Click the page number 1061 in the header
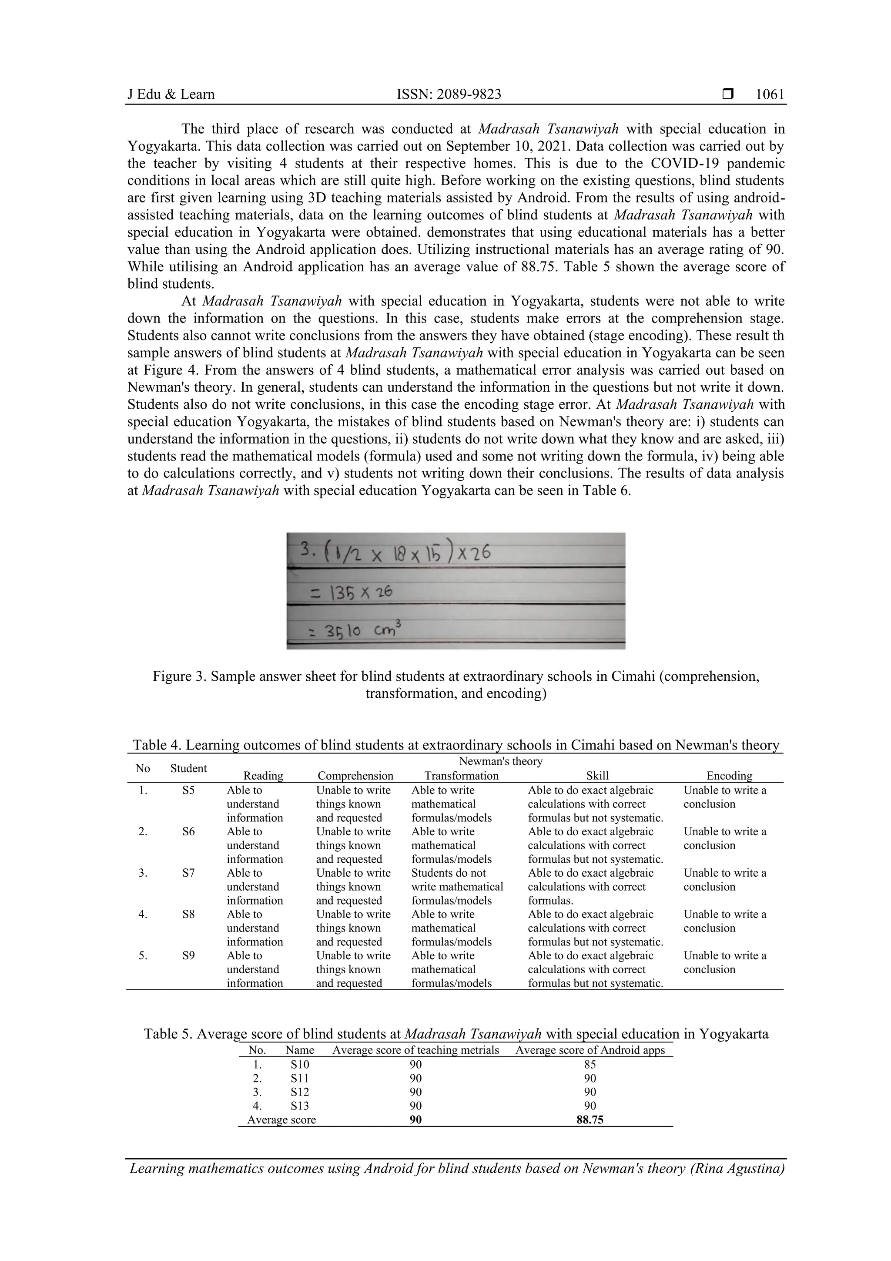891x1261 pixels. (x=770, y=94)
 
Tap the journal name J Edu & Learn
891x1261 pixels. (x=171, y=94)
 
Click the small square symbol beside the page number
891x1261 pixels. (x=728, y=94)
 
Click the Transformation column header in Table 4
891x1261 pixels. (x=461, y=776)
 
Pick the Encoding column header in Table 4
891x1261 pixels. (x=729, y=776)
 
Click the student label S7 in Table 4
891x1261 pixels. (x=188, y=873)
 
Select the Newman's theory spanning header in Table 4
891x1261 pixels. (x=500, y=761)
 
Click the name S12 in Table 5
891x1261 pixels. (x=300, y=1092)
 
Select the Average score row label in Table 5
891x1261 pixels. (x=281, y=1119)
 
